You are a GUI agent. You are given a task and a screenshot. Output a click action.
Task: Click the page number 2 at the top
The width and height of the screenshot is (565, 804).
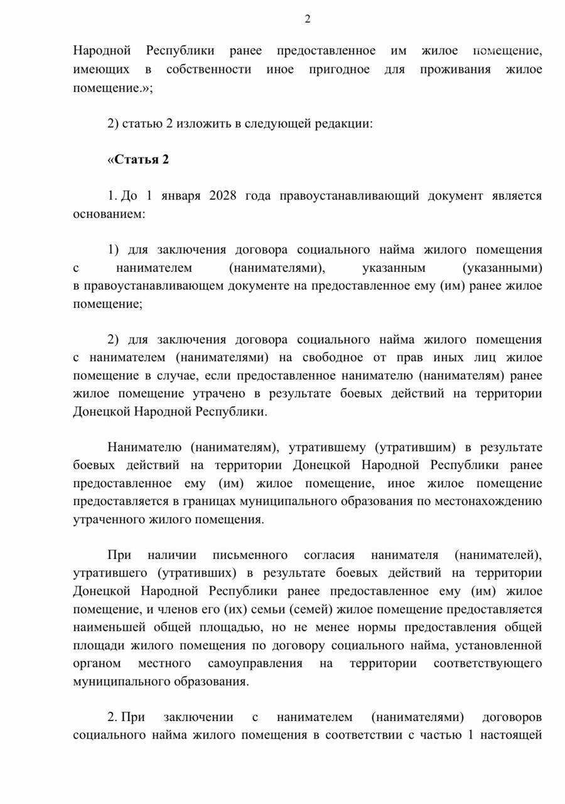(308, 19)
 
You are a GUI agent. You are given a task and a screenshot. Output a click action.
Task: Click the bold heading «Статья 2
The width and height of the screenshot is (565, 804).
(138, 160)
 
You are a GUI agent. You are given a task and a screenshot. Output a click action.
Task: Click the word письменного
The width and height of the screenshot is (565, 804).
(249, 555)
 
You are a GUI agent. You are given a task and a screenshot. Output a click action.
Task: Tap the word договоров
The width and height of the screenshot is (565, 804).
(513, 717)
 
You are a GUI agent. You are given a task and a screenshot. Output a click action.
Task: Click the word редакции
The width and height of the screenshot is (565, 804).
(343, 124)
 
